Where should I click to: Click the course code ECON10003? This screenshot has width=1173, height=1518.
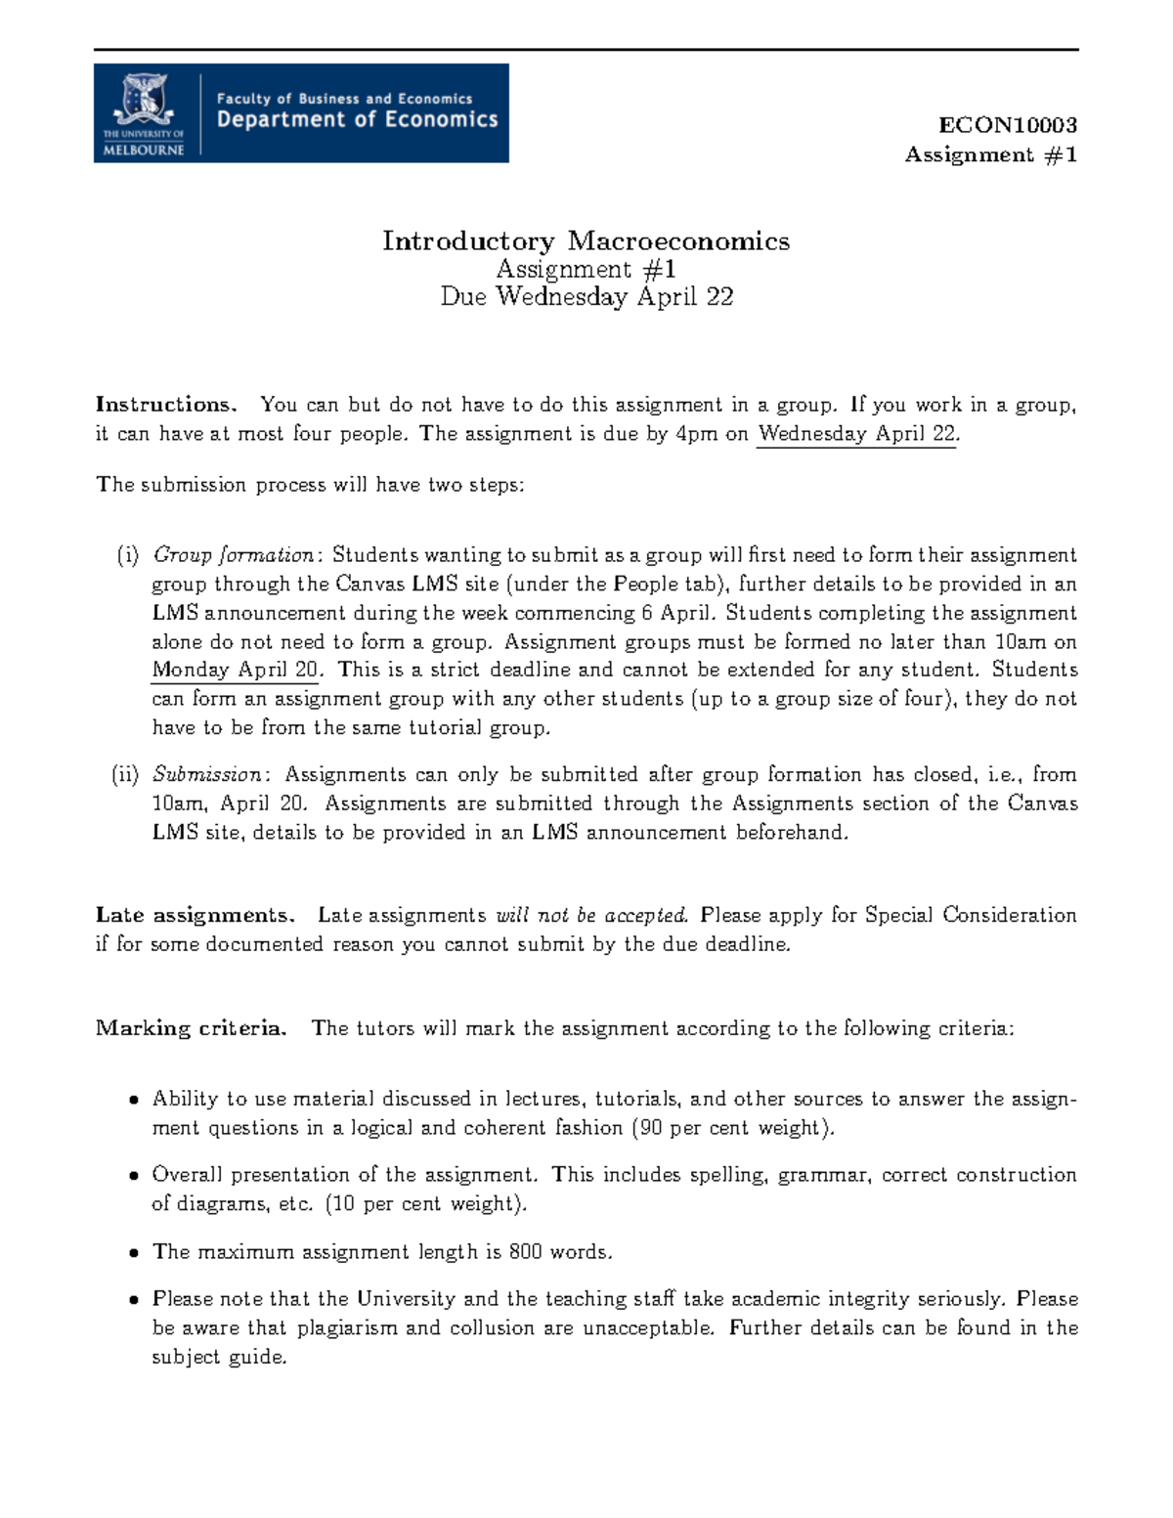pos(1007,125)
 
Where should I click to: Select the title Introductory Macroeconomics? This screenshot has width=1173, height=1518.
pos(586,240)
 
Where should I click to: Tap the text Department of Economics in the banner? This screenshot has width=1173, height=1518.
pos(357,120)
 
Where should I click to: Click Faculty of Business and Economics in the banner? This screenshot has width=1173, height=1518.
pos(344,98)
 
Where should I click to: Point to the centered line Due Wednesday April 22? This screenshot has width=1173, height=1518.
pos(586,297)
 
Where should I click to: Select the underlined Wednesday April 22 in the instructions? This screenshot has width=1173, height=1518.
pos(857,434)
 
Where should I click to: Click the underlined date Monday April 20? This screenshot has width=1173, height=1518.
pos(240,671)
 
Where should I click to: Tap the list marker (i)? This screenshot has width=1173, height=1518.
pos(128,555)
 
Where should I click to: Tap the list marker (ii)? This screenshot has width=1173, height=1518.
pos(126,775)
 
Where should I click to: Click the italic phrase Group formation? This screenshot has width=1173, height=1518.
pos(234,555)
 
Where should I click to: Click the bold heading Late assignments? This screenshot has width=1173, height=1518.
pos(195,916)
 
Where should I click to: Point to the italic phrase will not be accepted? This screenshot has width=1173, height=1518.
pos(592,916)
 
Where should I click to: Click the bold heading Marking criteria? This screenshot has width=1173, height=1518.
pos(192,1028)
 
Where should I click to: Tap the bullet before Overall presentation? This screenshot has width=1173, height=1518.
pos(134,1177)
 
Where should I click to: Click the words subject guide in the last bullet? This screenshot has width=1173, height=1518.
pos(218,1358)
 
